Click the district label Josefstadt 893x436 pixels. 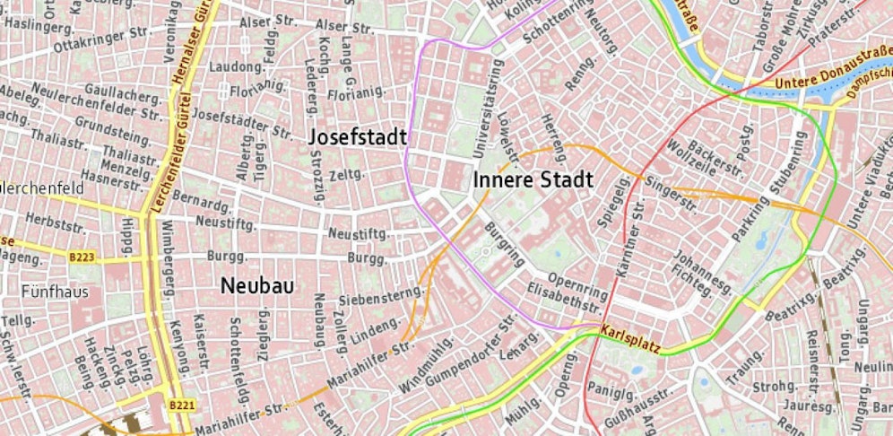click(358, 137)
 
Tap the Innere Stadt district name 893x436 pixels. click(533, 180)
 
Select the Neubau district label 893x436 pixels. click(257, 285)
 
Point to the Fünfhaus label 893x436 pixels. click(52, 292)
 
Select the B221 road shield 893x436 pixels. click(181, 405)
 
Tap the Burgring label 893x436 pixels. click(504, 246)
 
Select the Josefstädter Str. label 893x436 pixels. click(243, 124)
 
